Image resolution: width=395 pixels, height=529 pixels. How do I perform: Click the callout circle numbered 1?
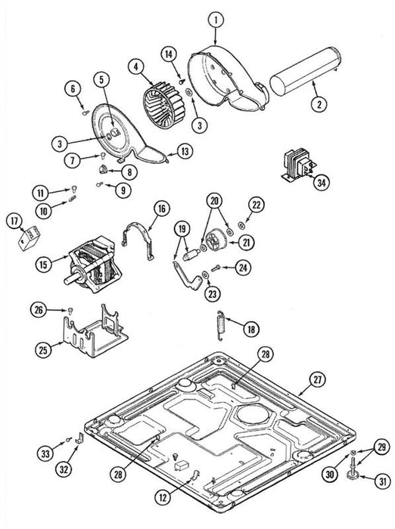(x=216, y=20)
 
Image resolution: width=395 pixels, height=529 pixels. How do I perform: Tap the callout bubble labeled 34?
(x=322, y=183)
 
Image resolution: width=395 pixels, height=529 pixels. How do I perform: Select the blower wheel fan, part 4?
(x=164, y=105)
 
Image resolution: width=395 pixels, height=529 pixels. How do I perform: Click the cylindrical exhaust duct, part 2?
(x=304, y=71)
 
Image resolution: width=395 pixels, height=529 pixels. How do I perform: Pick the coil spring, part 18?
(x=220, y=325)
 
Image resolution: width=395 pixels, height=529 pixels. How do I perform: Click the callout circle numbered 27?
(x=317, y=379)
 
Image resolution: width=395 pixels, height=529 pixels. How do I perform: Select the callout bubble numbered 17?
(x=14, y=221)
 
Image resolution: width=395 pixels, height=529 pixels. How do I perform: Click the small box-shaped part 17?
(x=29, y=238)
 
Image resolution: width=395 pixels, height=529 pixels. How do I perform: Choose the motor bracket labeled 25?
(x=95, y=331)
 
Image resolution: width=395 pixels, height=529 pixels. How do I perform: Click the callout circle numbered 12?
(x=163, y=497)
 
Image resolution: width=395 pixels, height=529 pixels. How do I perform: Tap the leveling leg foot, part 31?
(x=352, y=475)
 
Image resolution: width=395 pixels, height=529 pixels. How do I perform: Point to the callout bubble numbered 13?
(x=185, y=151)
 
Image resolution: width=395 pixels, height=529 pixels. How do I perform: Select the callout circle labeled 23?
(x=212, y=294)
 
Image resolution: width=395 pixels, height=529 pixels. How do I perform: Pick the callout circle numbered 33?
(x=45, y=453)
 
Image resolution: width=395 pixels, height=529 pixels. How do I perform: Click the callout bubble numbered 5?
(x=102, y=79)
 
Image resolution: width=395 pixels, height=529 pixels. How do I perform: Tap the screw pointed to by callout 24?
(x=216, y=268)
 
